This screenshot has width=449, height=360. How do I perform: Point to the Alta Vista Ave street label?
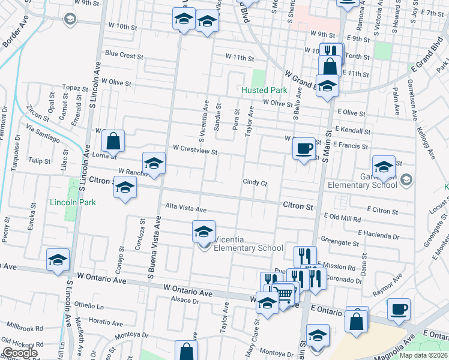(x=186, y=209)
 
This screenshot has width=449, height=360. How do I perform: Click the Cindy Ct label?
(x=255, y=182)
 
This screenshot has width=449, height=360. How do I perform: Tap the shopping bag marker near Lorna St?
(x=113, y=142)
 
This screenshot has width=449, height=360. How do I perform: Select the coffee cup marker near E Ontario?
(x=399, y=310)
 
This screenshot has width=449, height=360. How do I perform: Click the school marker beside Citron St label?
(x=125, y=189)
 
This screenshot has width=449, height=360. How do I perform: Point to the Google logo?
(x=20, y=353)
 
